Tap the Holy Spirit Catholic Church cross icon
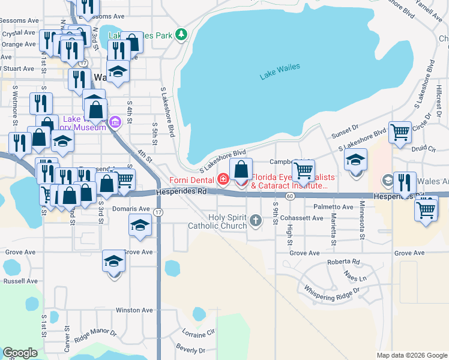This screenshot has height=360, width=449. coord(256,220)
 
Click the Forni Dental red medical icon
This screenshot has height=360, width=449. coord(223,179)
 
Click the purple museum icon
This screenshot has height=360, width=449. coord(115,124)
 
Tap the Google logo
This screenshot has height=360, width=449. coord(20,353)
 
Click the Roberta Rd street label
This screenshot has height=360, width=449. coord(343,262)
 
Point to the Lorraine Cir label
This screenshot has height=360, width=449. coord(197,333)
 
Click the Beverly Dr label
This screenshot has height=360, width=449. coord(191,349)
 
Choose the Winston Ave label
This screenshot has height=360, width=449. coord(134,310)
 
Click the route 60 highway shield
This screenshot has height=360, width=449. coord(290,196)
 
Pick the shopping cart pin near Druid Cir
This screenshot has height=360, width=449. coord(400,132)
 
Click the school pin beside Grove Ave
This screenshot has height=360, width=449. coord(113,261)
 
